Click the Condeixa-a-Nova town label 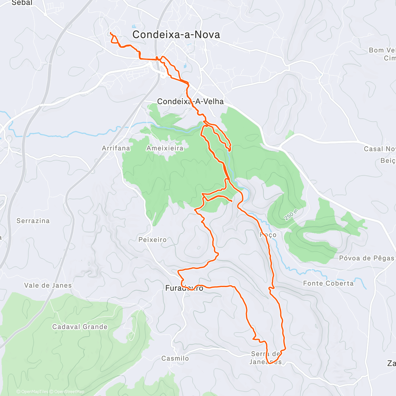pyautogui.click(x=176, y=35)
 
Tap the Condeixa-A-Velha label pyautogui.click(x=190, y=102)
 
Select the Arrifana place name pyautogui.click(x=116, y=148)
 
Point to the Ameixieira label pyautogui.click(x=165, y=148)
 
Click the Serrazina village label pyautogui.click(x=33, y=221)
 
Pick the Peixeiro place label pyautogui.click(x=152, y=240)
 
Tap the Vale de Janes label pyautogui.click(x=48, y=285)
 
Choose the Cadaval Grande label pyautogui.click(x=80, y=327)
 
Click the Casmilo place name pyautogui.click(x=175, y=358)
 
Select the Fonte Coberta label pyautogui.click(x=328, y=283)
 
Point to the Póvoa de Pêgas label pyautogui.click(x=367, y=258)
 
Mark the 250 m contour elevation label pyautogui.click(x=291, y=215)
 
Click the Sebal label pyautogui.click(x=22, y=3)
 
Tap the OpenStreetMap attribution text pyautogui.click(x=69, y=392)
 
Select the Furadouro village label pyautogui.click(x=184, y=288)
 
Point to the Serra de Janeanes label pyautogui.click(x=266, y=358)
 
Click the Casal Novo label pyautogui.click(x=379, y=149)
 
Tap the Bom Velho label pyautogui.click(x=382, y=50)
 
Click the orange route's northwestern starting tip pyautogui.click(x=110, y=33)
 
